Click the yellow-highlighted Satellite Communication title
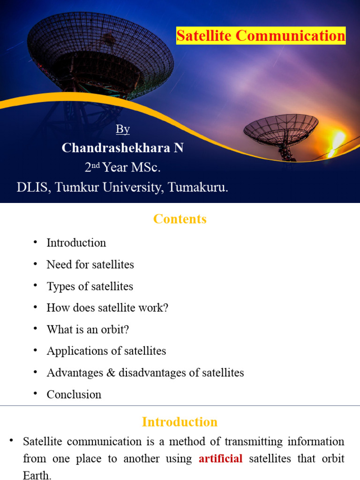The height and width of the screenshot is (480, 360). coord(261,36)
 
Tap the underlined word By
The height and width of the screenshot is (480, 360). coord(122,129)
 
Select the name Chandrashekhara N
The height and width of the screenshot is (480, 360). coord(122,148)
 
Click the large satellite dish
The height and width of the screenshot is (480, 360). coord(100,54)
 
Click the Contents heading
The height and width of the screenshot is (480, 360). coord(180,219)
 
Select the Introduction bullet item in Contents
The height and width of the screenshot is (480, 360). coord(76,243)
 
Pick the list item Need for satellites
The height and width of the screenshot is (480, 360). coord(90,264)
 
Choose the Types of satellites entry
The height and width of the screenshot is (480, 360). coord(90,286)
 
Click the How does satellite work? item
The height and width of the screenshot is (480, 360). coord(107,308)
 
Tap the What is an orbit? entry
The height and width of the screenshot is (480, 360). coord(88,330)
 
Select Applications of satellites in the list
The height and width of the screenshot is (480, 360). coord(106,351)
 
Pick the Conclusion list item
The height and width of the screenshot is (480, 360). coord(74,395)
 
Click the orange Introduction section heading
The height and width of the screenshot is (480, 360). coord(180,422)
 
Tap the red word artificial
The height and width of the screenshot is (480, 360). coord(221,458)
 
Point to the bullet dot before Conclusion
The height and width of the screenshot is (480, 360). coord(35,394)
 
